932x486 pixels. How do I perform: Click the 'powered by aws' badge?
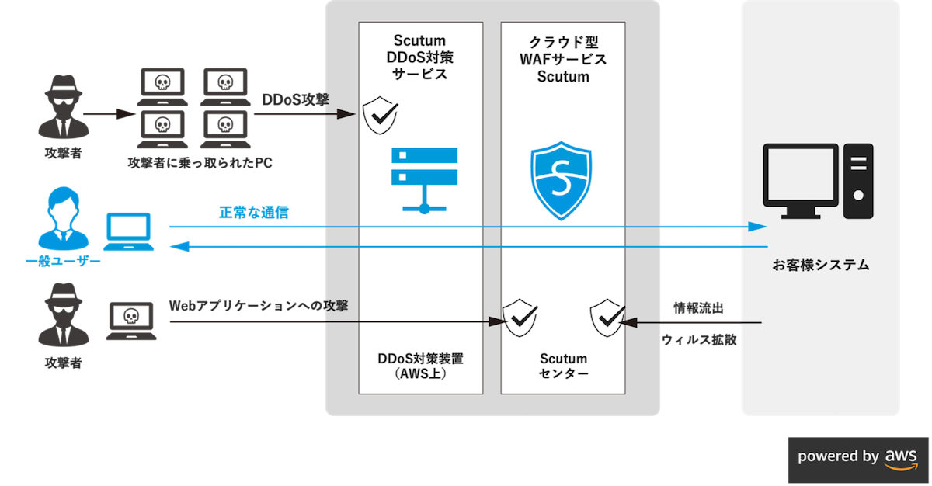coord(858,456)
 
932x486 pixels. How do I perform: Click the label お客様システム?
coord(820,266)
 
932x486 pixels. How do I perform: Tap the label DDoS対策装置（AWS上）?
coord(419,366)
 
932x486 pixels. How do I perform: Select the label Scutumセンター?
coord(564,366)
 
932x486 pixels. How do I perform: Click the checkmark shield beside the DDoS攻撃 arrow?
coord(381,116)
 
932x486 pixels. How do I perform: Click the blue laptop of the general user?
coord(130,234)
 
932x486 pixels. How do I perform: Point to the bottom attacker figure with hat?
coord(63,318)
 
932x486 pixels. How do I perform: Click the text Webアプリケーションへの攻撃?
coord(258,306)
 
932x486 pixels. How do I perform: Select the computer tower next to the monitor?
coord(858,179)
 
